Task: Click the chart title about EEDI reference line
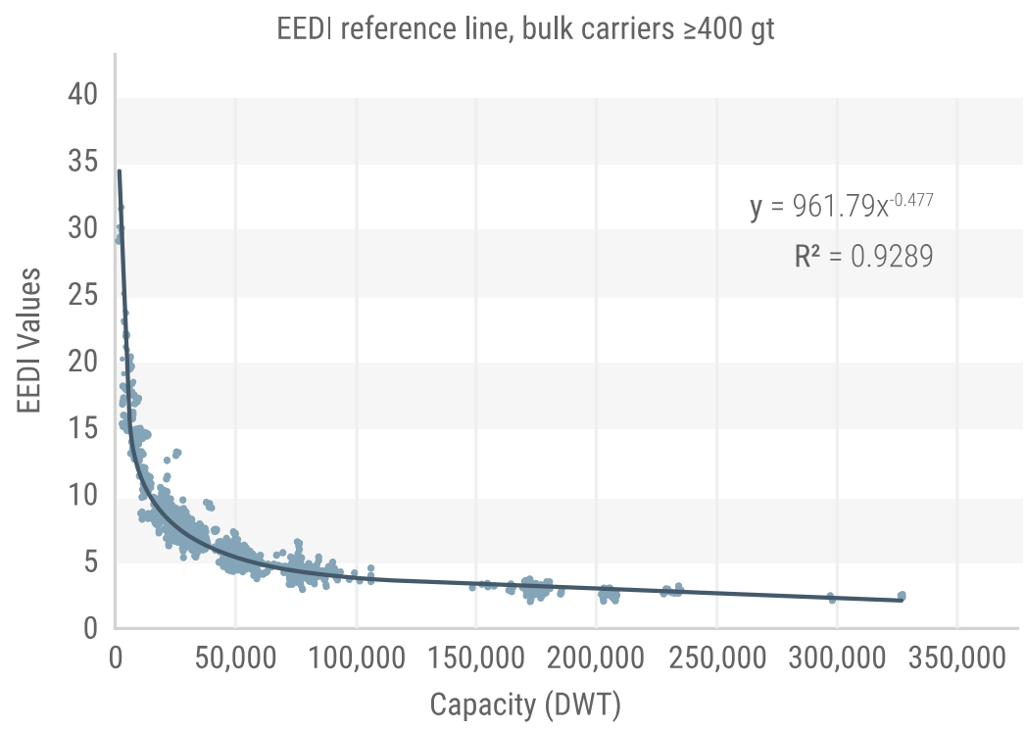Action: (525, 29)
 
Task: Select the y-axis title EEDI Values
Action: (28, 340)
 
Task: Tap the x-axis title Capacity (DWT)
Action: (525, 706)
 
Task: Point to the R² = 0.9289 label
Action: (863, 256)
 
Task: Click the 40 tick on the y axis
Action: (83, 94)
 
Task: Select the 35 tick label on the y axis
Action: (83, 161)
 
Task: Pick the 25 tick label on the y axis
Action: (83, 295)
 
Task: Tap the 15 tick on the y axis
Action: (83, 428)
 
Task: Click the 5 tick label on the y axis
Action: (91, 562)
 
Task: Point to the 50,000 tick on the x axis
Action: (235, 658)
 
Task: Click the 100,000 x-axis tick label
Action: (357, 658)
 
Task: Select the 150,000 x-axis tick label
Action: (476, 658)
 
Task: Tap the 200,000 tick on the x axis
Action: (596, 658)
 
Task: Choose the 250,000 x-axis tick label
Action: (717, 658)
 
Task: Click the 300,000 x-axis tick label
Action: (837, 658)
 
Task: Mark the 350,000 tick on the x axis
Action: (956, 658)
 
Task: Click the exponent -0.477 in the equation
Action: (912, 199)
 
